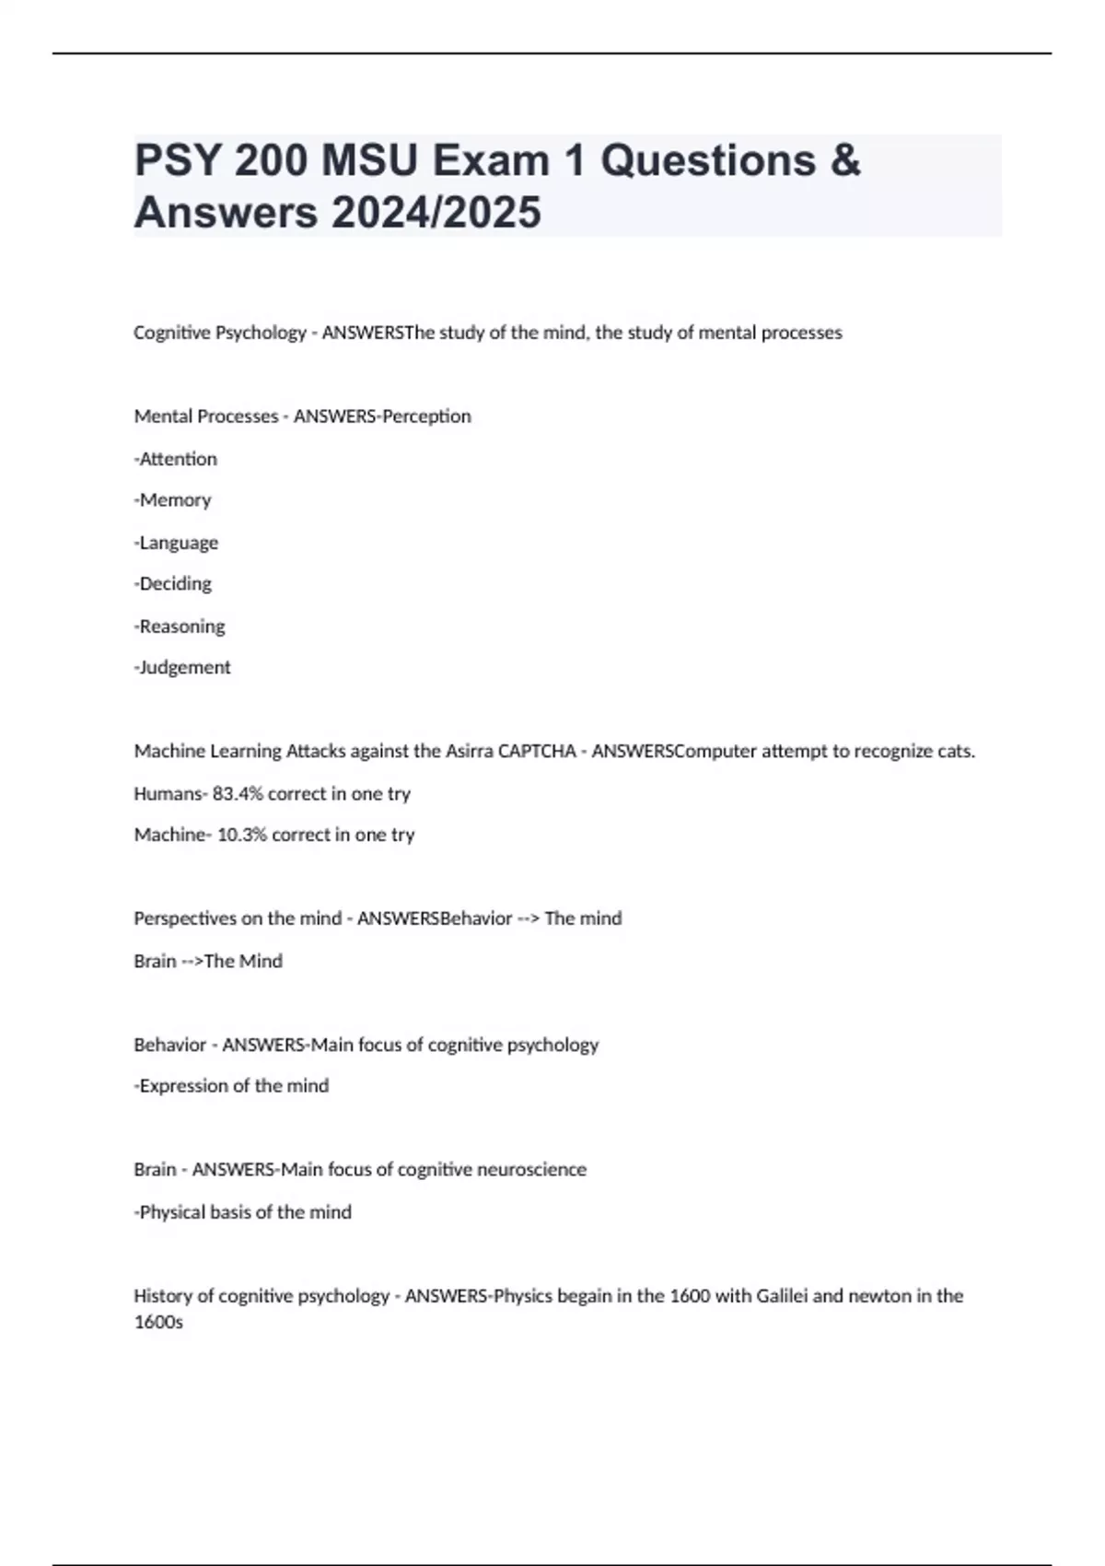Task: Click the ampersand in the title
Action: pyautogui.click(x=844, y=161)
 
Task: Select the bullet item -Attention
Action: pyautogui.click(x=176, y=459)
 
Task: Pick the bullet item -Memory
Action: pyautogui.click(x=173, y=500)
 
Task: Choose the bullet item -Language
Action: pyautogui.click(x=177, y=543)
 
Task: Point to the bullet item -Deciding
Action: pyautogui.click(x=173, y=584)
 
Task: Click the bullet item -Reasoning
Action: pyautogui.click(x=180, y=626)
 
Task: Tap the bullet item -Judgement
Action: pyautogui.click(x=182, y=668)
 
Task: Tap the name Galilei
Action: pyautogui.click(x=782, y=1296)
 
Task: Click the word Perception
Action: pyautogui.click(x=426, y=416)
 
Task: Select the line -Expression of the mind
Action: pyautogui.click(x=232, y=1086)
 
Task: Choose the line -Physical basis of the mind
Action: pyautogui.click(x=243, y=1212)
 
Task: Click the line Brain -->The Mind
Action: pyautogui.click(x=208, y=961)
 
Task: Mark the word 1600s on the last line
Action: pyautogui.click(x=158, y=1323)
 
